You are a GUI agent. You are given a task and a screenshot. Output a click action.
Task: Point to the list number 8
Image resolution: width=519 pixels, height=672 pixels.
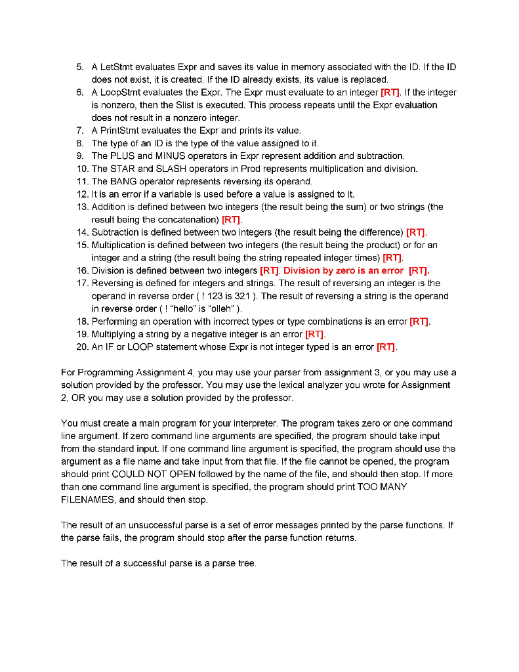pyautogui.click(x=80, y=143)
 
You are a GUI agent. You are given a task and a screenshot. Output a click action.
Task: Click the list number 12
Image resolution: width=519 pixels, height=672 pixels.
pyautogui.click(x=82, y=194)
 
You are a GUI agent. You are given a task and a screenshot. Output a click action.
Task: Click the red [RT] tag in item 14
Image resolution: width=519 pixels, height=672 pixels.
pyautogui.click(x=416, y=232)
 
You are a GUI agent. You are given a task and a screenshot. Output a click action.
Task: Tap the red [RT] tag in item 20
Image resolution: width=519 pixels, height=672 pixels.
pyautogui.click(x=386, y=346)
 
